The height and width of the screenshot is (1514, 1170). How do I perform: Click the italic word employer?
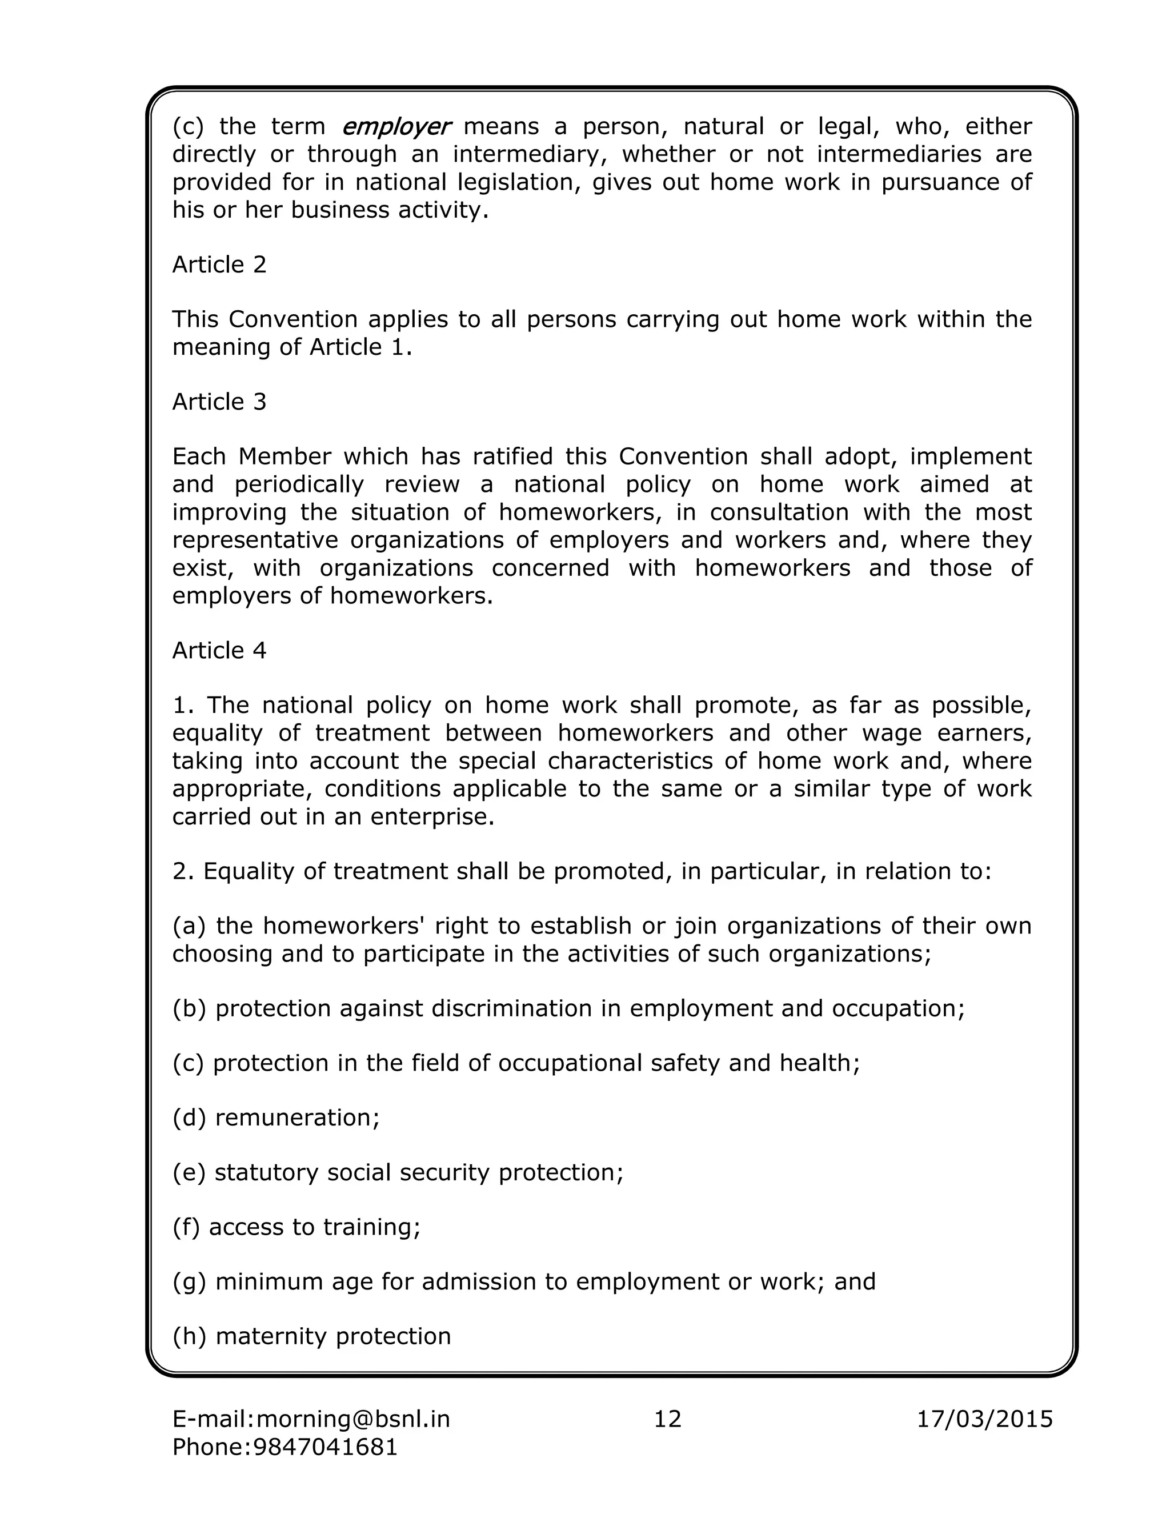click(396, 127)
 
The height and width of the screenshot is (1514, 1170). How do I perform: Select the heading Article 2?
click(219, 265)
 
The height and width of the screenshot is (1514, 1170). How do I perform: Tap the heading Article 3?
click(219, 402)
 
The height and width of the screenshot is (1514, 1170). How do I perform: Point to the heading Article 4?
click(219, 650)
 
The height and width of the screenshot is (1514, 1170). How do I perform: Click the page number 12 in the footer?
click(667, 1419)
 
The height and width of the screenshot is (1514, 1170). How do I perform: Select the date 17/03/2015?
click(984, 1419)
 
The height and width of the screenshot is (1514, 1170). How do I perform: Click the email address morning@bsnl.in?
click(353, 1419)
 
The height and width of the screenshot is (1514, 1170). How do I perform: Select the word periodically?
click(299, 484)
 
